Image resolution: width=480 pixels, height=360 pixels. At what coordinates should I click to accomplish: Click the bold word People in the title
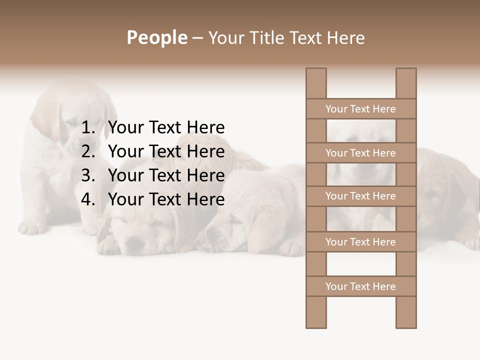(157, 37)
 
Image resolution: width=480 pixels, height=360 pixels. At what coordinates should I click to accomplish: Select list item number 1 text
(166, 128)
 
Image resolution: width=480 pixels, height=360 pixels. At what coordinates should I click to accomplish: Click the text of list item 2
(166, 151)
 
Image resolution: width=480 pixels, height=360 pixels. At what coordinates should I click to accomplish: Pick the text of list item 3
(166, 175)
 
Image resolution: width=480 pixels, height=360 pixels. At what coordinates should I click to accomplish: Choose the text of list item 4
(166, 199)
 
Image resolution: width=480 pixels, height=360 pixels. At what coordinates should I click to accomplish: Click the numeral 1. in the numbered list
(88, 128)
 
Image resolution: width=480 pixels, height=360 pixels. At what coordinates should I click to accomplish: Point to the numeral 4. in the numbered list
(88, 199)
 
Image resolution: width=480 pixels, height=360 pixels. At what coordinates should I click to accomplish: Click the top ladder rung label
(360, 109)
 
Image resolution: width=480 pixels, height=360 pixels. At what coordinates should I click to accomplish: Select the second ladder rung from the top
(360, 153)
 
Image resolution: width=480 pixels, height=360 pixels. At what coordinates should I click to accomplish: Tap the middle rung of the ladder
(360, 196)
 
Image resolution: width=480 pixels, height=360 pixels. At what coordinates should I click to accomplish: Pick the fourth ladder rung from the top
(360, 242)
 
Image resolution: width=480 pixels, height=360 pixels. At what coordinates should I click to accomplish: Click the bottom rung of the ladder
(360, 286)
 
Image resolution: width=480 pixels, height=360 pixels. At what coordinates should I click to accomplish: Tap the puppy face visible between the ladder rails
(360, 172)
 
